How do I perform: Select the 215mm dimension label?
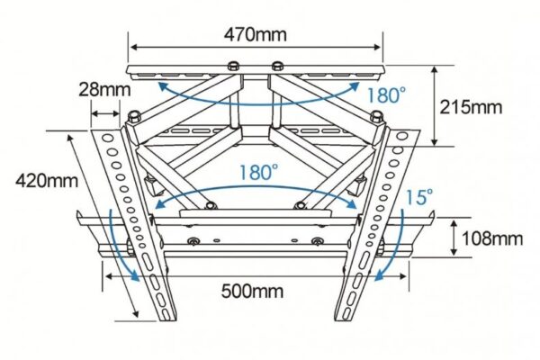[x=471, y=106]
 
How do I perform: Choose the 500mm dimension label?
[x=255, y=290]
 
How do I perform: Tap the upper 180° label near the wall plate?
[x=377, y=93]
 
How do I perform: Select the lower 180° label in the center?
[x=259, y=171]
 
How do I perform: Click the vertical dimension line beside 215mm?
[x=436, y=106]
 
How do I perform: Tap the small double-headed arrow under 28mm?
[x=106, y=113]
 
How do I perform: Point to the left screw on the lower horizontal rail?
[x=193, y=241]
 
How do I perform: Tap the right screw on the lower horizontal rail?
[x=315, y=241]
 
